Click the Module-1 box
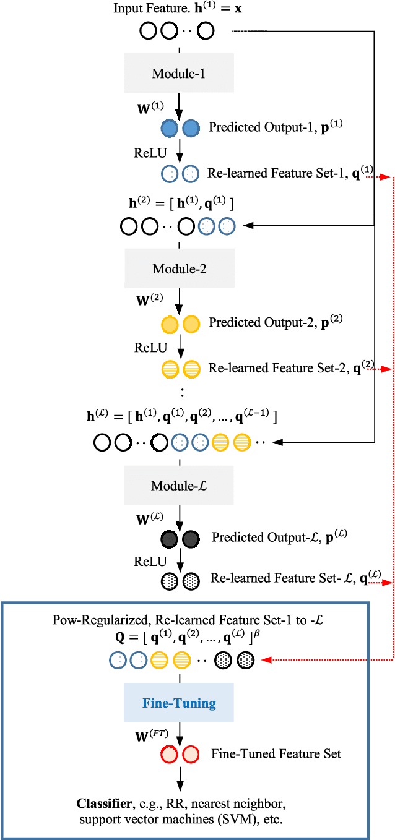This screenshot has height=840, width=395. (179, 74)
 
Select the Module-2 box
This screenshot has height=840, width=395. (179, 269)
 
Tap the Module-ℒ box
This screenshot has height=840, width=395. (179, 486)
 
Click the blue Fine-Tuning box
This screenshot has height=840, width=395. (179, 703)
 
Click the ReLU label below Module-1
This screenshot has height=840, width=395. (150, 153)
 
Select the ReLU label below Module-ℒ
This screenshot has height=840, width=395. (150, 561)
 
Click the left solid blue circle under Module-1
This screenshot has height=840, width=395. (169, 129)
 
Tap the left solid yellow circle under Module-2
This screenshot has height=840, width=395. (169, 324)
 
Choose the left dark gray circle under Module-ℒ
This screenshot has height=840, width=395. (169, 539)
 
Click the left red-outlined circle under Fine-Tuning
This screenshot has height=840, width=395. (169, 755)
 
